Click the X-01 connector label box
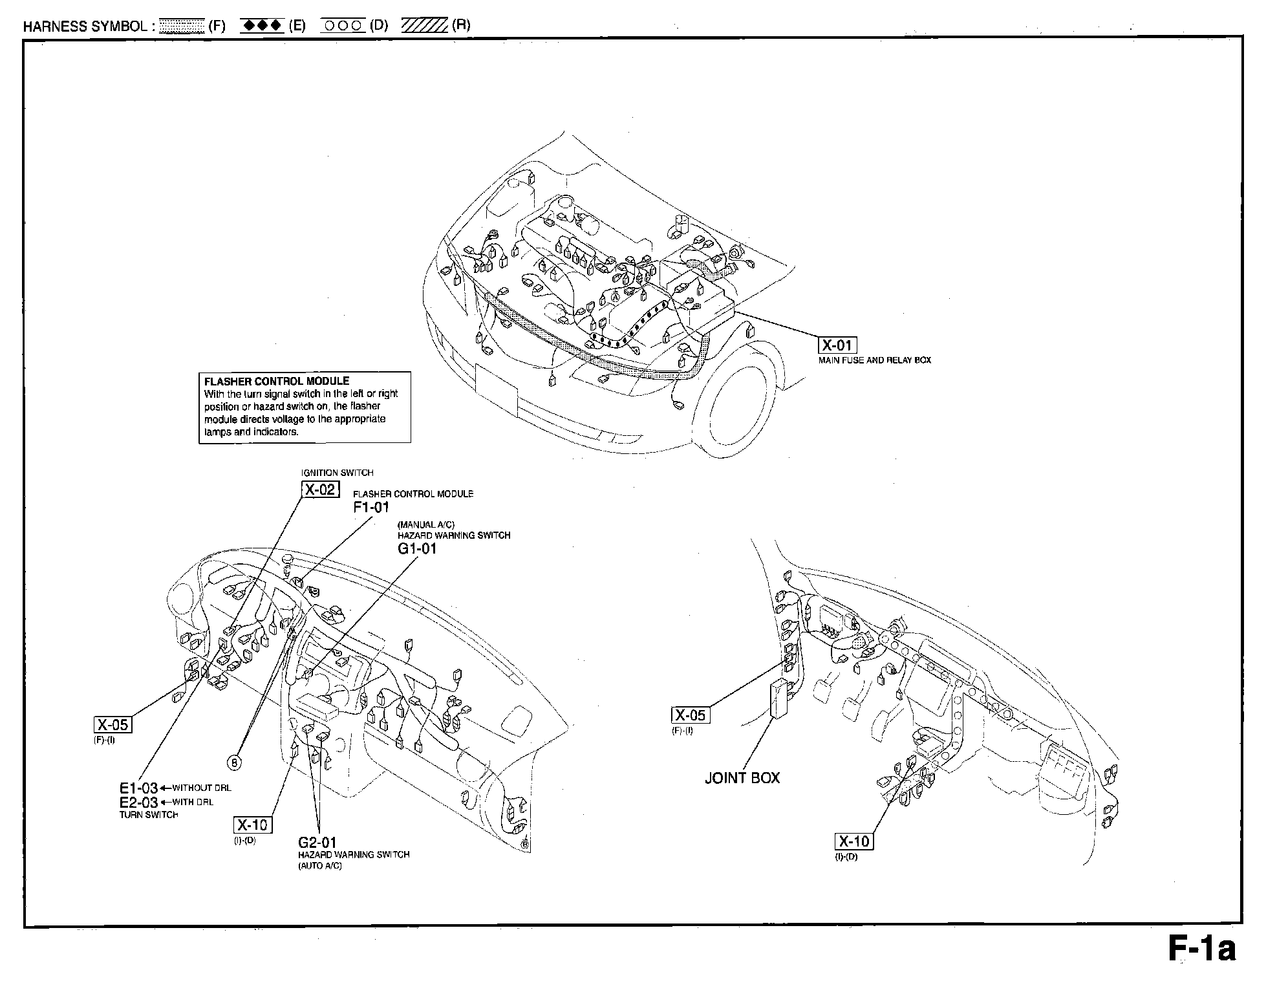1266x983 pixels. tap(837, 345)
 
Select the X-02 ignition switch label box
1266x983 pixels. tap(320, 490)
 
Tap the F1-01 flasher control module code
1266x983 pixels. tap(371, 508)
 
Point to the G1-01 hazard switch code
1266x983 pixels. tap(417, 549)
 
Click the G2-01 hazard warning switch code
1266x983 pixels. tap(317, 843)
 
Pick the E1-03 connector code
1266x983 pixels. tap(138, 788)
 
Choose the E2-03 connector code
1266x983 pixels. tap(138, 803)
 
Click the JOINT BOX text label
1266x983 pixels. tap(742, 778)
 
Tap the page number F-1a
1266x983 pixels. tap(1201, 950)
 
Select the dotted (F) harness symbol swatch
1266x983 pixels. tap(181, 26)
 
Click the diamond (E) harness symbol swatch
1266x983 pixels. tap(262, 26)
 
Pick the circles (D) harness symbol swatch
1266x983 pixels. tap(342, 26)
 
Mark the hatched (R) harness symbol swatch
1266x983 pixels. tap(424, 26)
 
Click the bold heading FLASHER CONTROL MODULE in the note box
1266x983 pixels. tap(277, 382)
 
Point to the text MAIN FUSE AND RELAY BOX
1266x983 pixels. tap(875, 360)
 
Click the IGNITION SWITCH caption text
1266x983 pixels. tap(337, 473)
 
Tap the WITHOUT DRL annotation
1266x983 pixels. tap(200, 788)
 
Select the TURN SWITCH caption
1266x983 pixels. tap(148, 815)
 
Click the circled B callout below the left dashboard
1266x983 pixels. tap(235, 763)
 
